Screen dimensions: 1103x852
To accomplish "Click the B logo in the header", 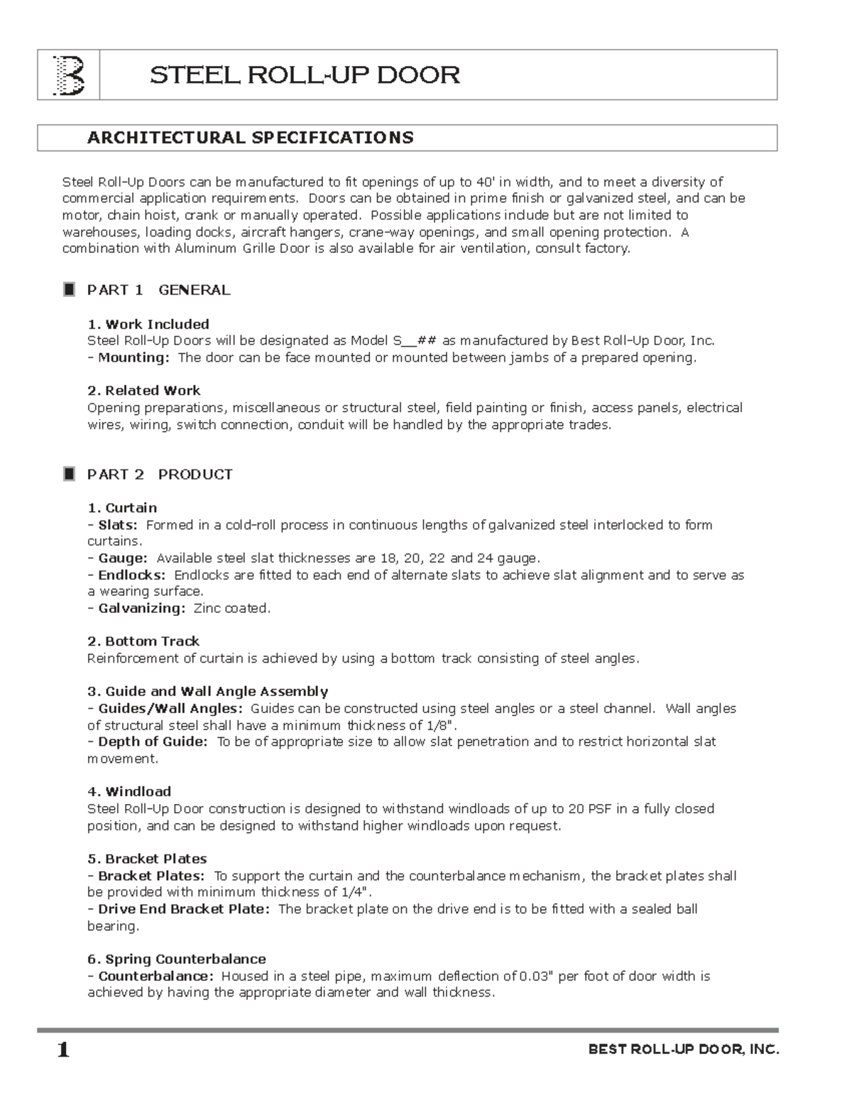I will click(x=69, y=75).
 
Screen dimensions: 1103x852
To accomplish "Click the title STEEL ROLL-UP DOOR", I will click(x=305, y=75).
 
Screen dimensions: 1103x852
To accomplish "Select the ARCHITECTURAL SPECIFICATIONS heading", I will click(x=250, y=138).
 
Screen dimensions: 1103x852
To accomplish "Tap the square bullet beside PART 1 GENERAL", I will click(x=69, y=290).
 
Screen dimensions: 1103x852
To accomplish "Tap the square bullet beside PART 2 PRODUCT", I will click(x=69, y=474).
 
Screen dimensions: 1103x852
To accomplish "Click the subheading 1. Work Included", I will click(x=148, y=324).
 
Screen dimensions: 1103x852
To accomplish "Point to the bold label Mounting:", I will click(x=133, y=357).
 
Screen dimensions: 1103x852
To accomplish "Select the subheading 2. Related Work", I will click(x=143, y=391).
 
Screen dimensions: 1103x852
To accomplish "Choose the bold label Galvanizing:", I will click(x=141, y=608).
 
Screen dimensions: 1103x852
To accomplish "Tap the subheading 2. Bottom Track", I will click(x=143, y=641).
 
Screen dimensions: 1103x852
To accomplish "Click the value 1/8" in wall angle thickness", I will click(x=439, y=725).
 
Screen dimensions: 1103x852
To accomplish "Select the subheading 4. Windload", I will click(x=129, y=791).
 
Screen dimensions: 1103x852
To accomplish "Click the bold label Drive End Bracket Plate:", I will click(x=183, y=909).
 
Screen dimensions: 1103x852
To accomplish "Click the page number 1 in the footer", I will click(x=63, y=1050).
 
